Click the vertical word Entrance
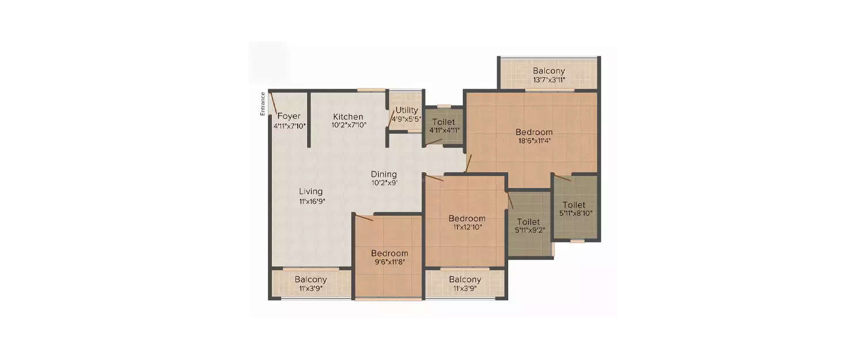coord(263,104)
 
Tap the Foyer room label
coord(289,116)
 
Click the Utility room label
coord(407,110)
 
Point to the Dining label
coord(384,174)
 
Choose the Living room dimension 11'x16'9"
coord(310,202)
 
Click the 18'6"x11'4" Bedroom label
coord(533,132)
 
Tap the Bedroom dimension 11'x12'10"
coord(467,227)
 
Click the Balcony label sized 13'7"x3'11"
coord(548,71)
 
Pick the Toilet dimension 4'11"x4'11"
coord(444,130)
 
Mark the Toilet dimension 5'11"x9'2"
coord(528,230)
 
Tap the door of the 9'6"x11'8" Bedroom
coord(365,217)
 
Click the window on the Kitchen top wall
coord(371,90)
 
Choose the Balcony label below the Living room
coord(310,279)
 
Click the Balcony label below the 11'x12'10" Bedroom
coord(465,279)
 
